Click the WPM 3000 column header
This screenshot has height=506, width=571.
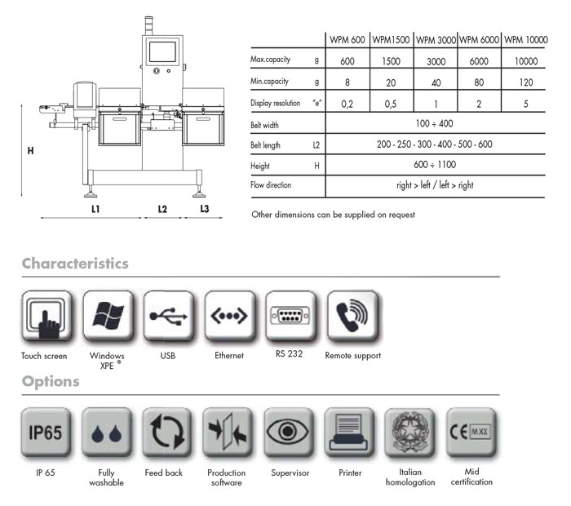436,40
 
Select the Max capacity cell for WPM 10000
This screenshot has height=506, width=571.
526,61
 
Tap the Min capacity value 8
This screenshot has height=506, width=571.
347,82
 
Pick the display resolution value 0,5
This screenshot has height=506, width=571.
391,104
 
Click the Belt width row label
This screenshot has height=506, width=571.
265,126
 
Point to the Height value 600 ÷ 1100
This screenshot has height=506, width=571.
435,165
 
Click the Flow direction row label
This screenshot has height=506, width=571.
271,185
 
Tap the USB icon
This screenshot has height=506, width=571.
168,316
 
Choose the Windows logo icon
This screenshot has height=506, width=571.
108,316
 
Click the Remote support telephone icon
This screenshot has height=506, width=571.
352,316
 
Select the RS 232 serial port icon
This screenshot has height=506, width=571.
290,316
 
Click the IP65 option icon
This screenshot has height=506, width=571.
46,432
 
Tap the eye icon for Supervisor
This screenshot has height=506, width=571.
288,432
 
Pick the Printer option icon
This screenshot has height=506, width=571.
349,432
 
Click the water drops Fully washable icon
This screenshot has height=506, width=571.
106,432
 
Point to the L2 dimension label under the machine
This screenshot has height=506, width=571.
162,209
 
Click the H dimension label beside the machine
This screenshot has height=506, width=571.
31,150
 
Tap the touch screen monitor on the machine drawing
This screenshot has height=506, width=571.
162,51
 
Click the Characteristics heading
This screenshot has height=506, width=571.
75,264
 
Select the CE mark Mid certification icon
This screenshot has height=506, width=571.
471,432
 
